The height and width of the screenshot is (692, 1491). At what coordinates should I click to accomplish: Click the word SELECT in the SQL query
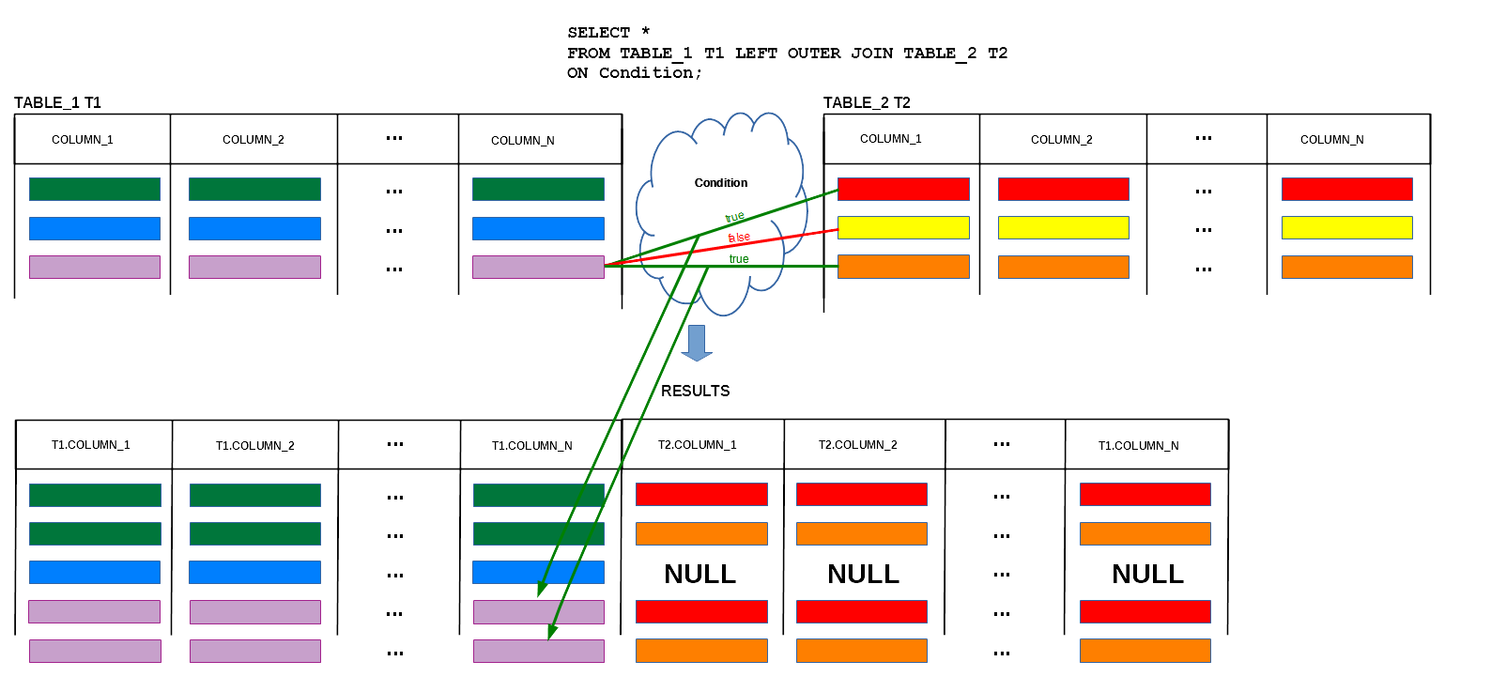point(598,33)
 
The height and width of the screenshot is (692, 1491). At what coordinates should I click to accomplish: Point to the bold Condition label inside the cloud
point(721,183)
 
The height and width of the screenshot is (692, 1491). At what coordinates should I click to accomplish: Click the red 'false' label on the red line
point(739,238)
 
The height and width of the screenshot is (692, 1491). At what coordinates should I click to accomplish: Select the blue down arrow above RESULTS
point(697,343)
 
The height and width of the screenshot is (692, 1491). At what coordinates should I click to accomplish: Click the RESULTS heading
point(695,391)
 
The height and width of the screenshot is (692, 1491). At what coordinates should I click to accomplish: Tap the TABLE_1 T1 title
point(57,102)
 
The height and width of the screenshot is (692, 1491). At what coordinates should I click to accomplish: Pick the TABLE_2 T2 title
point(867,102)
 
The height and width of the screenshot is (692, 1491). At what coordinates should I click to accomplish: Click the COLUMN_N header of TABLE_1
point(523,141)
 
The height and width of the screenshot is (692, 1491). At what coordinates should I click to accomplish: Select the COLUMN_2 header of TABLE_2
point(1062,140)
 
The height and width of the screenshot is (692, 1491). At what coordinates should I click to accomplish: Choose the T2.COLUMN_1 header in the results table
point(697,444)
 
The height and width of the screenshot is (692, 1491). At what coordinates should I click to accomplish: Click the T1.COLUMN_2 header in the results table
point(255,446)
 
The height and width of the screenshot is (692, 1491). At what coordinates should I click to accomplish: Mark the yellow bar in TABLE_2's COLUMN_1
point(903,227)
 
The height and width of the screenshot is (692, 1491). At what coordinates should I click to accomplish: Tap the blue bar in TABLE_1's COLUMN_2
point(255,228)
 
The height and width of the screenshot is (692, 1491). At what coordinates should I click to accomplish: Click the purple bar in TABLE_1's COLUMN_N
point(539,267)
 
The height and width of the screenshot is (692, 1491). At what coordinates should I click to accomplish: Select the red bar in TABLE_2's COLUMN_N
point(1347,189)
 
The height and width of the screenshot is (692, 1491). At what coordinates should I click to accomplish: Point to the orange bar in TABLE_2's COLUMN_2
point(1064,267)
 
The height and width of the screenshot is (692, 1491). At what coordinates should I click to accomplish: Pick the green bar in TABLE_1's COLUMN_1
point(95,189)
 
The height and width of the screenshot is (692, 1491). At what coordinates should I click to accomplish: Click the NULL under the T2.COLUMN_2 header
point(863,574)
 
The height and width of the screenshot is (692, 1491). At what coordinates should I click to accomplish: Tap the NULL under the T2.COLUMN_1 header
point(700,574)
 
